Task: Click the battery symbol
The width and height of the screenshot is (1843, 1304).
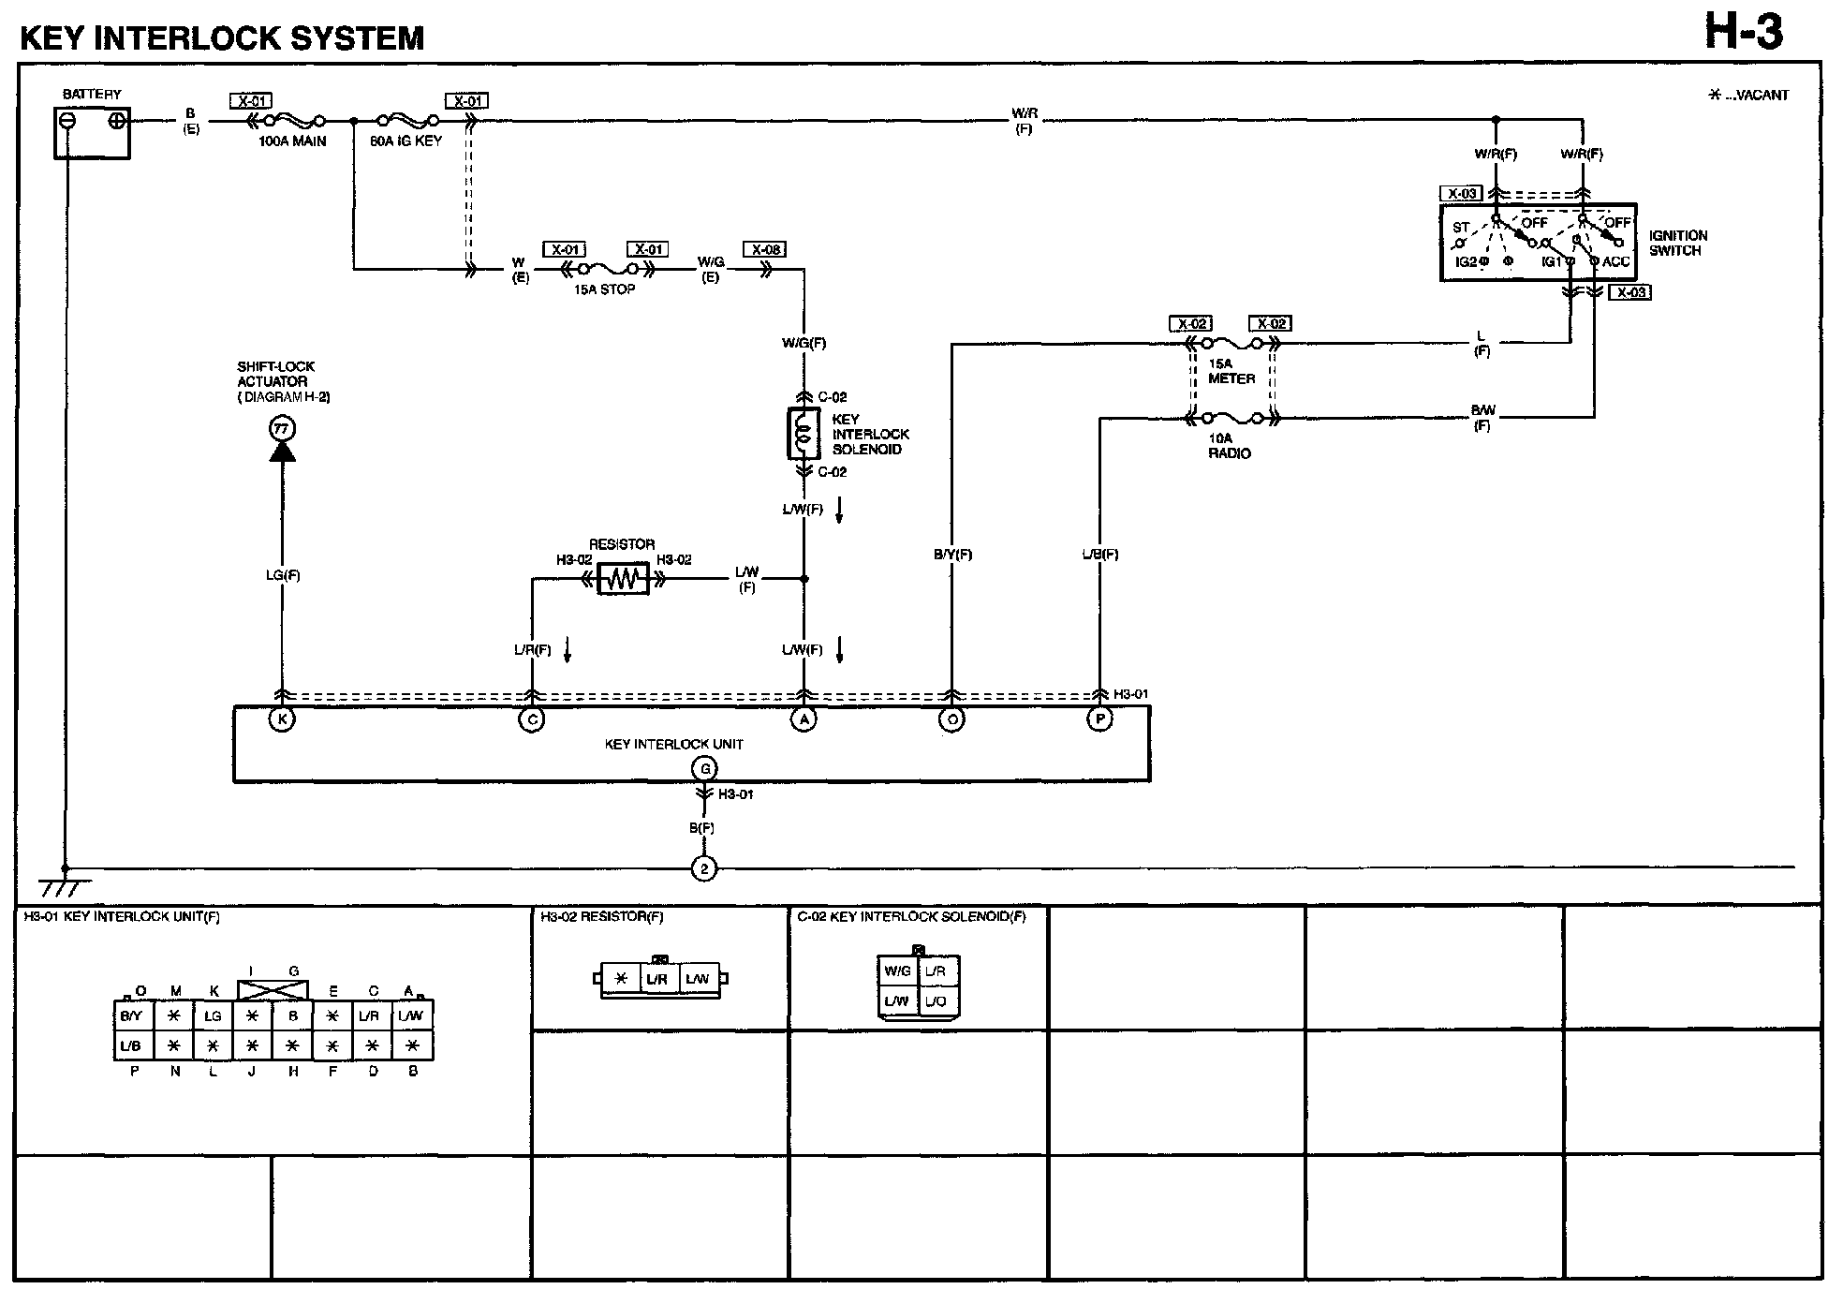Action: point(92,132)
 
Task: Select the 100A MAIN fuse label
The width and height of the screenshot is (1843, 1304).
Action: point(293,141)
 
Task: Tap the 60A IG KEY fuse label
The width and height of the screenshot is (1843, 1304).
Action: point(406,141)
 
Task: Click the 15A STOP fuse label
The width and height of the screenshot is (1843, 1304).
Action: point(605,289)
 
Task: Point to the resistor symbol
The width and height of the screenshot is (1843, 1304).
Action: point(624,579)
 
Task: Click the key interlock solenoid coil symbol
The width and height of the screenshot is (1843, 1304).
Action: point(803,434)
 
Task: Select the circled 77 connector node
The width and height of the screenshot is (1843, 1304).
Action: point(282,429)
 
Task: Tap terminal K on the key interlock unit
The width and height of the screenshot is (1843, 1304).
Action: point(282,719)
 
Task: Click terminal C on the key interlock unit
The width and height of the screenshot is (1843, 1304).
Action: point(532,719)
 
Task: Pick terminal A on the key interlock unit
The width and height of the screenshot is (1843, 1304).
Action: point(804,719)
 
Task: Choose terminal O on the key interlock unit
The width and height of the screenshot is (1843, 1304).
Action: point(951,719)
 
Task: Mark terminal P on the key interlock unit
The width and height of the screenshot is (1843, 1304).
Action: point(1099,719)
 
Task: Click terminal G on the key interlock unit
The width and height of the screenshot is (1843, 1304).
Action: point(703,769)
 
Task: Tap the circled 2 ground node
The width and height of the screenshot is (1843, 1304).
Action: point(703,869)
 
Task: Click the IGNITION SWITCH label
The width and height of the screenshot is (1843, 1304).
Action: point(1678,244)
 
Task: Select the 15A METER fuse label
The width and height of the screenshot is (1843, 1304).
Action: point(1231,371)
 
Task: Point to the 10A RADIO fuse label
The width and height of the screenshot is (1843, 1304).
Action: point(1229,446)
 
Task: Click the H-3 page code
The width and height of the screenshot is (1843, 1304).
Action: point(1744,34)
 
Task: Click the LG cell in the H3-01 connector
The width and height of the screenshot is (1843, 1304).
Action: point(214,1015)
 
